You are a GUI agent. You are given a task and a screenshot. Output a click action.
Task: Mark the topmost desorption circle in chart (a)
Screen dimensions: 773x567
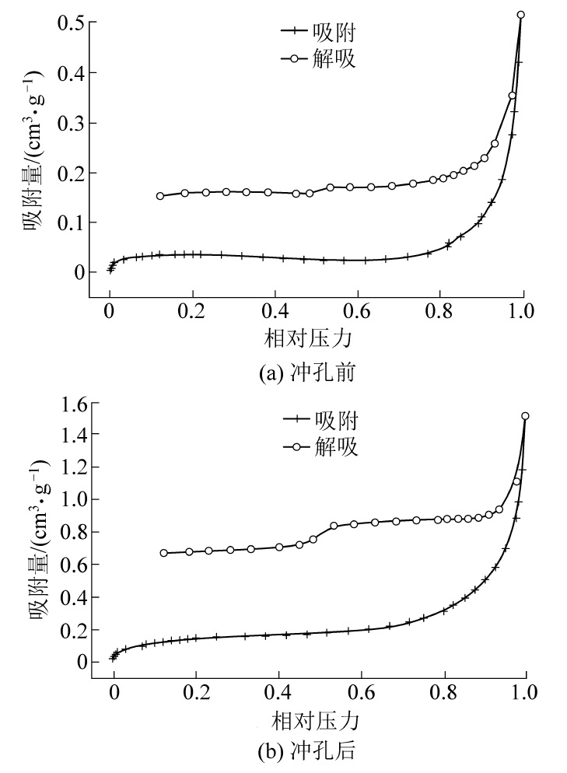pyautogui.click(x=521, y=15)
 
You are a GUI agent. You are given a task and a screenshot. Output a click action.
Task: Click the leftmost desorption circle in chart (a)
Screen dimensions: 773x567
pyautogui.click(x=159, y=196)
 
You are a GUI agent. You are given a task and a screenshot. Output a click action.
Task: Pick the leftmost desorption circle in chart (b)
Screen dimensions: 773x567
pyautogui.click(x=163, y=553)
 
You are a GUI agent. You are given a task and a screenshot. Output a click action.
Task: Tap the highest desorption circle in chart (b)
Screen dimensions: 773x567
pyautogui.click(x=525, y=416)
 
